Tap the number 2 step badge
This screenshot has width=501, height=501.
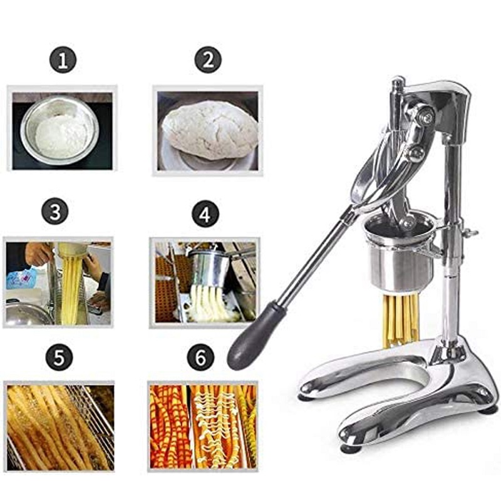point(207,61)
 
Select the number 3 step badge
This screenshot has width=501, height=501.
point(56,212)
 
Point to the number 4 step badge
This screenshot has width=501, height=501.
point(204,214)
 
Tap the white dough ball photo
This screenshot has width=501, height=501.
point(208,130)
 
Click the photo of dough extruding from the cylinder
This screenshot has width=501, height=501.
point(204,282)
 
